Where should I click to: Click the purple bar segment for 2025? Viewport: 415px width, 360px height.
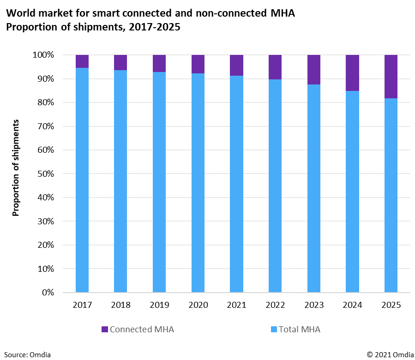pyautogui.click(x=391, y=77)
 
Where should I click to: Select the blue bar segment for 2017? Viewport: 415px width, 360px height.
pyautogui.click(x=82, y=180)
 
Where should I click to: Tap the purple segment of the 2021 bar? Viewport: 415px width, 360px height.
pyautogui.click(x=237, y=65)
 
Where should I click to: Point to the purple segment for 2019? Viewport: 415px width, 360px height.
pyautogui.click(x=159, y=63)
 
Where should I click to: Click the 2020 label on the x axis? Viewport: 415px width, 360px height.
pyautogui.click(x=198, y=305)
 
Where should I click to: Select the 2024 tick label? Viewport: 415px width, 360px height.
pyautogui.click(x=353, y=305)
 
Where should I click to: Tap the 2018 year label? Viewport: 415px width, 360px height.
pyautogui.click(x=121, y=305)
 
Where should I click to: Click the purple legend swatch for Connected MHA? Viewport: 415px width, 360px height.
pyautogui.click(x=105, y=330)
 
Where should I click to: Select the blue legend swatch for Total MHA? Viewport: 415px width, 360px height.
pyautogui.click(x=273, y=330)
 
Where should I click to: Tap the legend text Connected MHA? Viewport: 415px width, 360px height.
pyautogui.click(x=142, y=330)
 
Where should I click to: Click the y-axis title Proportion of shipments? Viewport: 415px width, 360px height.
pyautogui.click(x=16, y=168)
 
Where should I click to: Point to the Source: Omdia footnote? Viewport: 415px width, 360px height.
pyautogui.click(x=27, y=354)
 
